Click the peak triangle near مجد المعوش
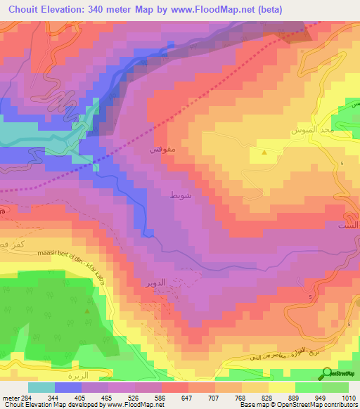click(264, 152)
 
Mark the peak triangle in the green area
click(87, 310)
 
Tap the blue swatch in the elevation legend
click(68, 387)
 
